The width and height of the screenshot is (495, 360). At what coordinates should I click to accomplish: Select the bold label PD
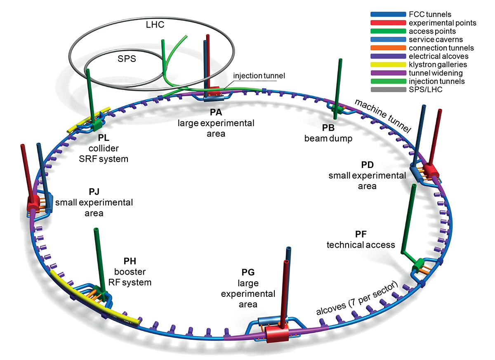click(367, 165)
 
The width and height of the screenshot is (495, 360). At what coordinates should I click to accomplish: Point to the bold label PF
click(361, 234)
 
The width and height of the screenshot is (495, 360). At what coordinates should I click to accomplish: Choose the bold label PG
click(247, 272)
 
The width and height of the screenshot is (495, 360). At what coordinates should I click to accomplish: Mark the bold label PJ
click(94, 192)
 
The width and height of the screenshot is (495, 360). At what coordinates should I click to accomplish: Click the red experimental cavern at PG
click(274, 334)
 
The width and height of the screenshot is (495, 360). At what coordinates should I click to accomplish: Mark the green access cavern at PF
click(419, 263)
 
